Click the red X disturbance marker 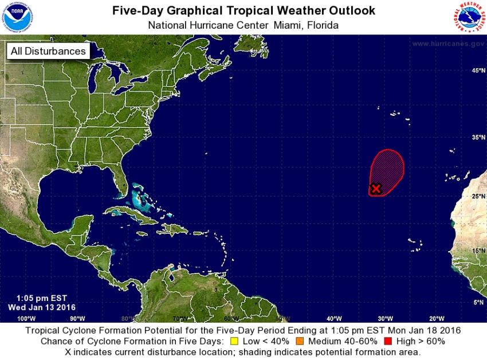[x=376, y=188]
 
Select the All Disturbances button [x=48, y=51]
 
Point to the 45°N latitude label [x=478, y=71]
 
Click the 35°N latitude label [x=478, y=138]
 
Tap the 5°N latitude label [x=479, y=302]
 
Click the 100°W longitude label [x=26, y=319]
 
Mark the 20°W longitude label [x=437, y=319]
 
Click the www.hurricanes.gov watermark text [x=447, y=44]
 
